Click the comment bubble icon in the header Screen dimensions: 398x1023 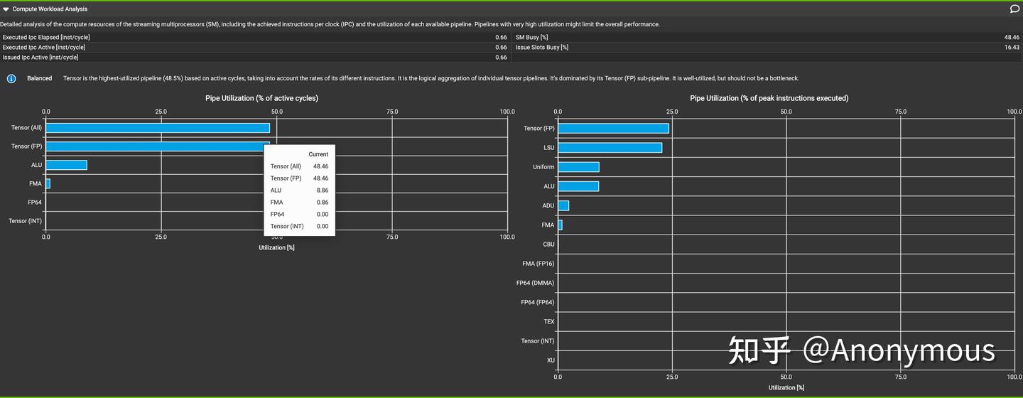(x=1014, y=9)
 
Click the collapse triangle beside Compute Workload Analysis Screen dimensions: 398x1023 (x=6, y=9)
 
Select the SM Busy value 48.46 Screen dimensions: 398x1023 (x=1012, y=37)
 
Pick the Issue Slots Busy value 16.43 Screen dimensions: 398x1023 (x=1012, y=47)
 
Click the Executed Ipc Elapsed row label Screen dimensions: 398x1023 (x=46, y=37)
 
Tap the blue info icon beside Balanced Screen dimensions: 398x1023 (x=11, y=78)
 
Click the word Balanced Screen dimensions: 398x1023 (x=40, y=78)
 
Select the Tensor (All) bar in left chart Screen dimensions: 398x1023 (x=158, y=128)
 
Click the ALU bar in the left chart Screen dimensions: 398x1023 (x=66, y=165)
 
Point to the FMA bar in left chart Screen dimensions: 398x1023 (x=48, y=183)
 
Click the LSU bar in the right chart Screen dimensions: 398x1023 (x=610, y=148)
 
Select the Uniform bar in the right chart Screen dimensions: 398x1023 (x=578, y=167)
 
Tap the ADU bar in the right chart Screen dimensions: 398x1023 (x=563, y=205)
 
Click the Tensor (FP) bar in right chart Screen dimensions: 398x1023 (x=613, y=129)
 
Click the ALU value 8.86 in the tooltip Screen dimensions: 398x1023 (x=320, y=190)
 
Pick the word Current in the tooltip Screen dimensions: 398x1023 (x=318, y=154)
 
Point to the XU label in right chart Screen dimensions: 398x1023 (x=551, y=360)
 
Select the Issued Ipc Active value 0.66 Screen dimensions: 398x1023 (x=501, y=58)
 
